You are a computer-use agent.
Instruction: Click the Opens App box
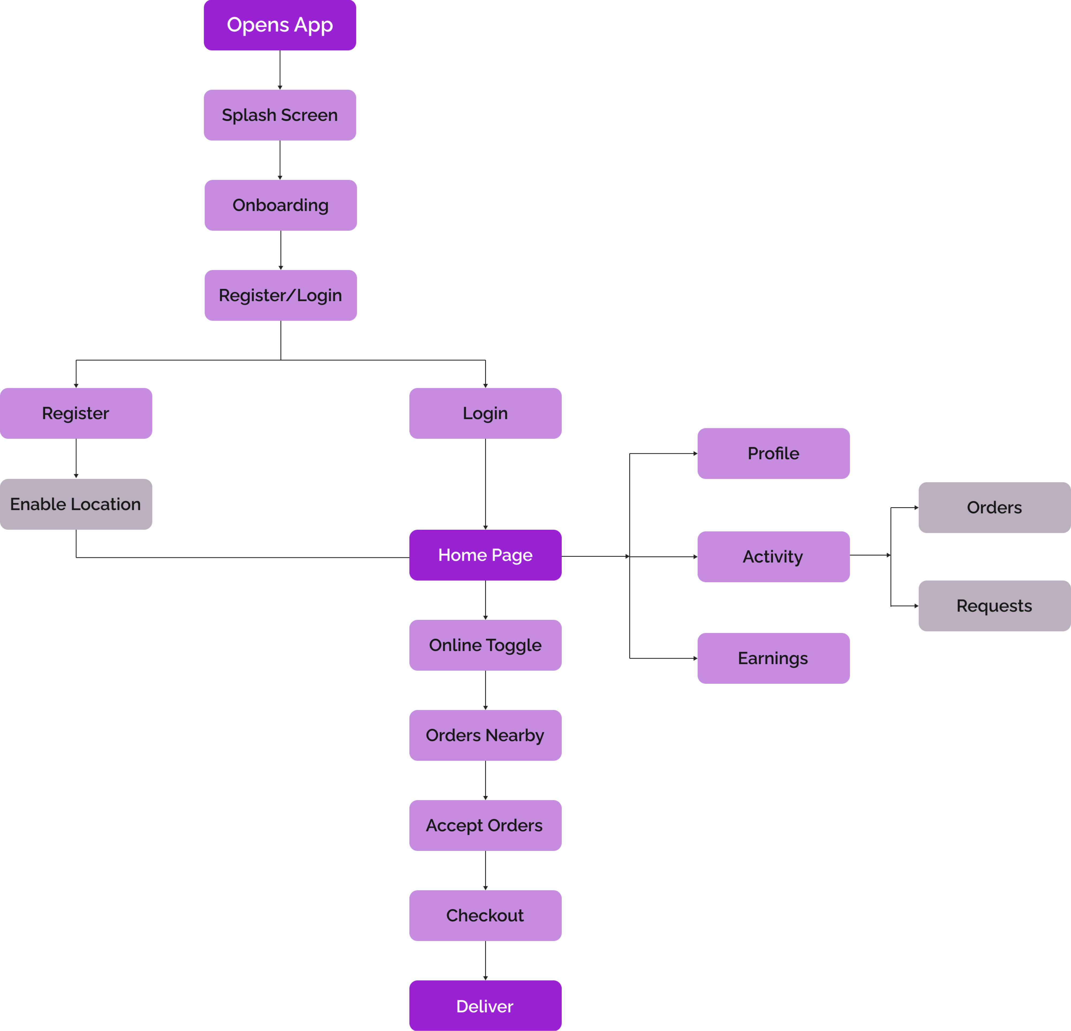(280, 25)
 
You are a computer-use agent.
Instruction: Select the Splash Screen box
(280, 115)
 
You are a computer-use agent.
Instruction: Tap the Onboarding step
(280, 205)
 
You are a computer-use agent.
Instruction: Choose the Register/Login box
(280, 295)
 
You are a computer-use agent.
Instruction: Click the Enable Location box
(76, 504)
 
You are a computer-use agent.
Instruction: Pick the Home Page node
(485, 555)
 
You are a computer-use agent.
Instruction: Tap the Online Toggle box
(485, 645)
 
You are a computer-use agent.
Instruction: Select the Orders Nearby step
(485, 735)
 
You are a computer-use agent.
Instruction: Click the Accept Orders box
(485, 825)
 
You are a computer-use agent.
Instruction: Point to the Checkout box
(485, 916)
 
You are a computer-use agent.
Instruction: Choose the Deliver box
(485, 1006)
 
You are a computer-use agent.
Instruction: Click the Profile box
(773, 453)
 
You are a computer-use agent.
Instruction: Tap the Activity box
(773, 556)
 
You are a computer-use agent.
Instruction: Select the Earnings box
(773, 658)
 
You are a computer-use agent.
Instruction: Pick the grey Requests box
(994, 606)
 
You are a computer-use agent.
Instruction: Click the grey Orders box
(994, 507)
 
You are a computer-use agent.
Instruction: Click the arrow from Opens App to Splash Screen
(280, 70)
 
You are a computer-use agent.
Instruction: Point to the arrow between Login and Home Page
(485, 484)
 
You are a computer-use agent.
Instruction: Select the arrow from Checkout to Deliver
(485, 961)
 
